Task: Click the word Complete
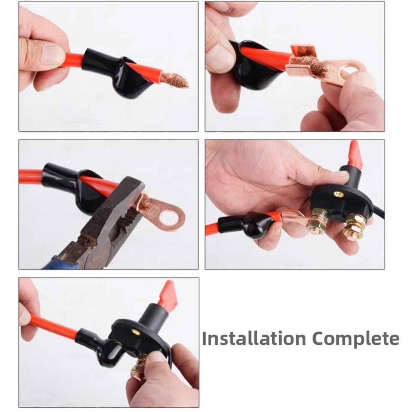tap(356, 339)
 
